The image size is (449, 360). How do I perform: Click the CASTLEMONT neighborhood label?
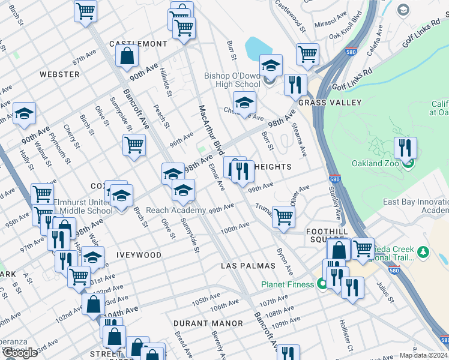pyautogui.click(x=138, y=44)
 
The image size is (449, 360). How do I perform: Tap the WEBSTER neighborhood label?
pyautogui.click(x=59, y=74)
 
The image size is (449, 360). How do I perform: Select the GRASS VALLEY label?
pyautogui.click(x=330, y=103)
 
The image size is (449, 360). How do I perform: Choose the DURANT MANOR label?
pyautogui.click(x=208, y=323)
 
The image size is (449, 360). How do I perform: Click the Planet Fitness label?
pyautogui.click(x=287, y=285)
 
